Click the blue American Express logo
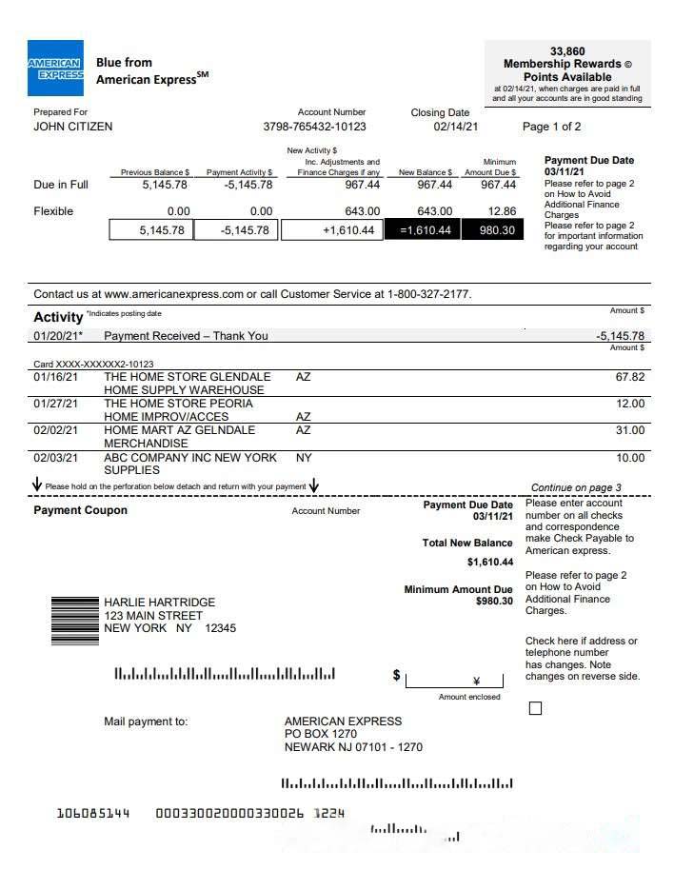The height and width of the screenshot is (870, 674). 55,69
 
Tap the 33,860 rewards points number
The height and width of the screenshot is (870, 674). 567,51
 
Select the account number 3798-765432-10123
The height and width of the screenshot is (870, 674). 314,127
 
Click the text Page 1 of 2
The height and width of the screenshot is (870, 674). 551,127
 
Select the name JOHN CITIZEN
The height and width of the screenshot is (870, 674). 72,127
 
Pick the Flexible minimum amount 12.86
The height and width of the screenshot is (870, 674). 501,211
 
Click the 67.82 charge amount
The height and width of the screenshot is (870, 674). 629,377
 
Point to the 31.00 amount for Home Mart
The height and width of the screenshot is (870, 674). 629,430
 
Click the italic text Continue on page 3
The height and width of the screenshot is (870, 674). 575,487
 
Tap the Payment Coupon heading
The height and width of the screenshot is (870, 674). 80,510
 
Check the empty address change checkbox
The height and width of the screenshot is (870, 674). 534,708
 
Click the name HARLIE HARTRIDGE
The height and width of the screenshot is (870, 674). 159,603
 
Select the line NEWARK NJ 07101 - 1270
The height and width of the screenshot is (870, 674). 352,747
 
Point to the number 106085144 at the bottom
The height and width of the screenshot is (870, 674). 92,813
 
